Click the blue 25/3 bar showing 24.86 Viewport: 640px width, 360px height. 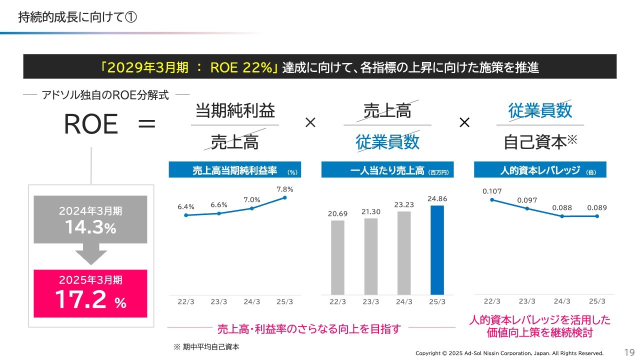click(x=437, y=250)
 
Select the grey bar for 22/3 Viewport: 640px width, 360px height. click(x=338, y=257)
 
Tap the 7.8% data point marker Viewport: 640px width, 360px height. click(x=284, y=197)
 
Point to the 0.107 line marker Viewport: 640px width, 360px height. click(x=492, y=199)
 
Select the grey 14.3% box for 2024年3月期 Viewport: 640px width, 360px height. click(x=90, y=219)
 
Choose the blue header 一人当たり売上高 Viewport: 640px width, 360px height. click(x=387, y=170)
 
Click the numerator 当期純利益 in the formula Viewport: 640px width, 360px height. click(x=235, y=110)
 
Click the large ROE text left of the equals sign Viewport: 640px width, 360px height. click(x=90, y=124)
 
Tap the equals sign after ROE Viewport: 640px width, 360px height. click(x=146, y=124)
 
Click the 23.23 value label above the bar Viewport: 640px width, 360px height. click(x=404, y=204)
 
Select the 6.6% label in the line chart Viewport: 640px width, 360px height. click(x=219, y=204)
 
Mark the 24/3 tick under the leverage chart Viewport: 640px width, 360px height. click(x=562, y=301)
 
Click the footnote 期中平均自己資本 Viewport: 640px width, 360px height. click(x=206, y=346)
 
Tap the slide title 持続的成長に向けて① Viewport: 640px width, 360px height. click(x=77, y=17)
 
